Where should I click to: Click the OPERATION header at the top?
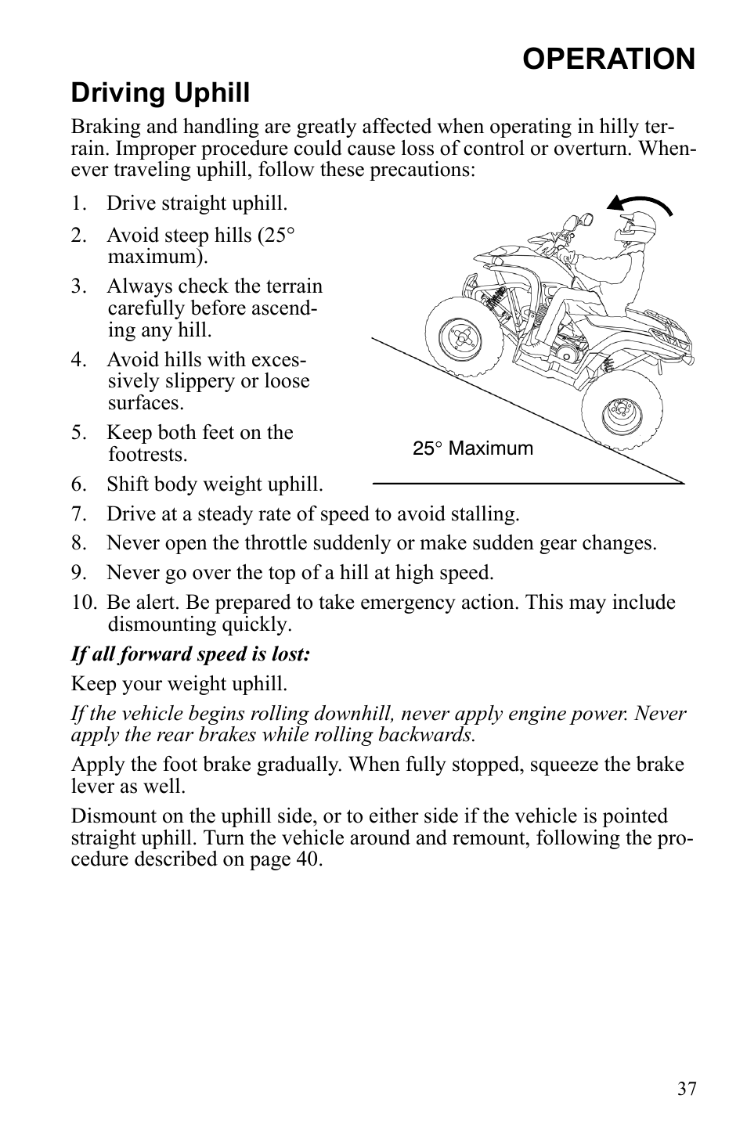(608, 59)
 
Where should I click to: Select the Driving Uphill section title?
(161, 93)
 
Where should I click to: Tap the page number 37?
(687, 1089)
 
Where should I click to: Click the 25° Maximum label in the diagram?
(473, 448)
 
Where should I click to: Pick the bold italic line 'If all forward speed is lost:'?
(191, 654)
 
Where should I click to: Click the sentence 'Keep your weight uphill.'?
(179, 684)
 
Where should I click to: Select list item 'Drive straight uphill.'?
(197, 203)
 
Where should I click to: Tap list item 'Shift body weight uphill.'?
(215, 484)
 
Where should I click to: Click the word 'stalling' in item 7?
(482, 514)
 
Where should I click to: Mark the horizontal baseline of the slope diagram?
(528, 484)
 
